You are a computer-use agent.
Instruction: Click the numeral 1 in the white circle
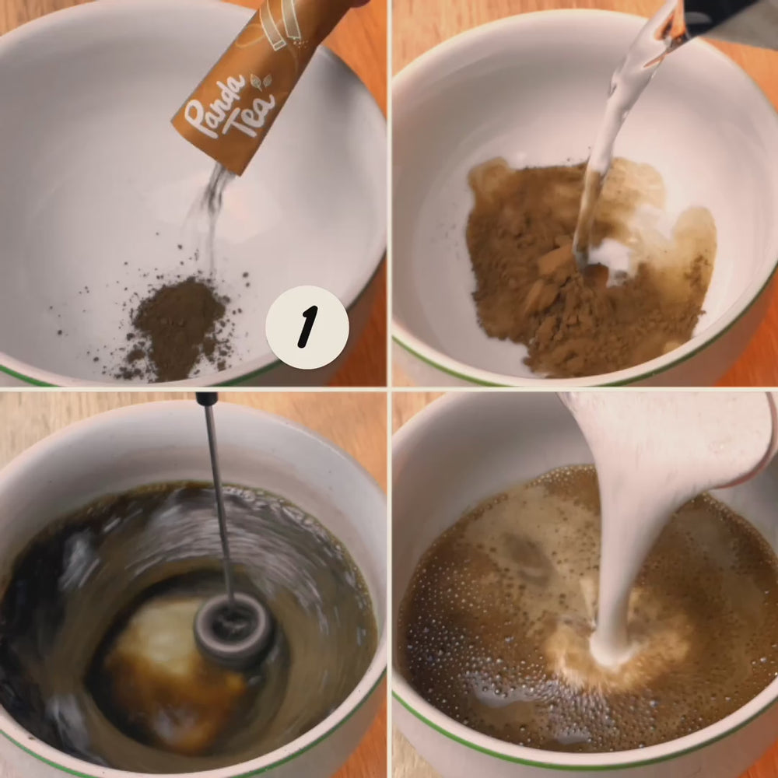tap(307, 327)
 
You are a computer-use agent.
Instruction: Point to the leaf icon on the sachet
tap(261, 81)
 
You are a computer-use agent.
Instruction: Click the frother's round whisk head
tap(232, 629)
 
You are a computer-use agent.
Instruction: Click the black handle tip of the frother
tap(206, 398)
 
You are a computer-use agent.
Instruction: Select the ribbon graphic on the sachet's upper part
tap(279, 25)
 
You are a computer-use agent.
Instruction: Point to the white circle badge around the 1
tap(307, 327)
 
